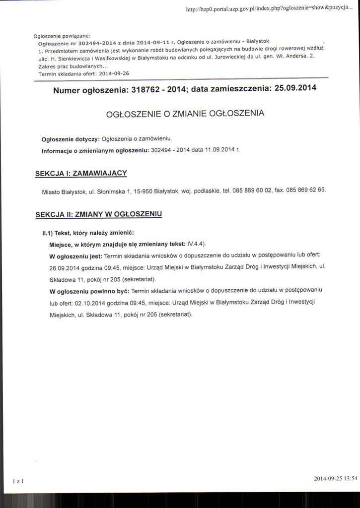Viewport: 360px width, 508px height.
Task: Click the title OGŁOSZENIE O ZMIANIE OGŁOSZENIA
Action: click(185, 114)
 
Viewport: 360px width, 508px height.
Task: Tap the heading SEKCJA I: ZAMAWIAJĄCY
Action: click(81, 173)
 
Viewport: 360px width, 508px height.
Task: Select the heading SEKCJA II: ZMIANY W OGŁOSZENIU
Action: click(99, 214)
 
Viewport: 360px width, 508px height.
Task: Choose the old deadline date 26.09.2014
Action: click(65, 268)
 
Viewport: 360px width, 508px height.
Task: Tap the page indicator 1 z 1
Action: click(19, 481)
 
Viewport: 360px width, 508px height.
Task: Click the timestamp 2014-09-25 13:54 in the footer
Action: click(335, 479)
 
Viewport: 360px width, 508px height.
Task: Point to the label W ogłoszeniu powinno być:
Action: click(89, 290)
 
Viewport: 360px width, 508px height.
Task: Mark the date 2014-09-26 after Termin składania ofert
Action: click(114, 73)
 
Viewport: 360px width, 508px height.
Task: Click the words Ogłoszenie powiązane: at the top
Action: click(61, 37)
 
